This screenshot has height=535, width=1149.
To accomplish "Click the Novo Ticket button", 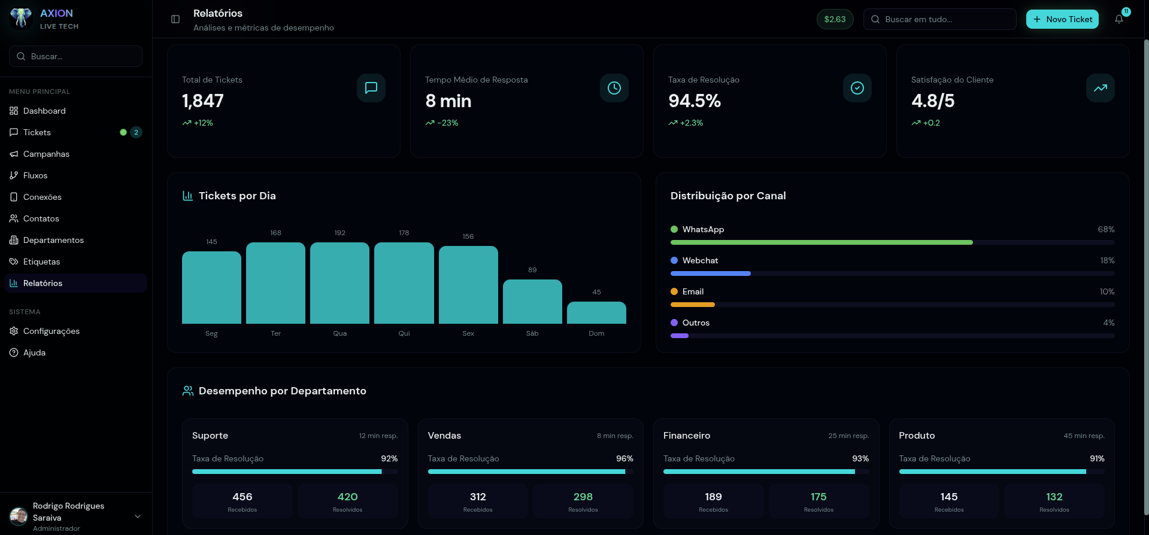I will pos(1062,19).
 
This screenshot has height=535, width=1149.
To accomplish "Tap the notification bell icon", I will pos(1118,19).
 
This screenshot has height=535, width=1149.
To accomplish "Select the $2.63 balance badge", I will pos(835,19).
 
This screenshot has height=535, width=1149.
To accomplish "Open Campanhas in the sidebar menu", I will pos(46,154).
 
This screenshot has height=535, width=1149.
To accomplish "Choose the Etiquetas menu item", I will pos(41,262).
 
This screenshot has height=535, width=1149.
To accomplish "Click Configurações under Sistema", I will pos(51,331).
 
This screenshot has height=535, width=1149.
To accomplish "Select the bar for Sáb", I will pos(532,302).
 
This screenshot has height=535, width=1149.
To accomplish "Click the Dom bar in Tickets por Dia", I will pos(596,313).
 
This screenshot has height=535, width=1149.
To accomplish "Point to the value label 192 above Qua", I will pos(339,233).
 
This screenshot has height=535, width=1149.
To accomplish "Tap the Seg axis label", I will pos(211,333).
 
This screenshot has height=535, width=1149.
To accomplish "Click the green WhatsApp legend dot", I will pos(674,229).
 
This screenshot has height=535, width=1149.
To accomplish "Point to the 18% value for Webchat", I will pos(1107,260).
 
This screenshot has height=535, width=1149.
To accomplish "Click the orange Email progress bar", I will pos(693,305).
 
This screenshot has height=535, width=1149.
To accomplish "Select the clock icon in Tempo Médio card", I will pos(614,88).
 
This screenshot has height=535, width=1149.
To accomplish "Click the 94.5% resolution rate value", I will pos(695,101).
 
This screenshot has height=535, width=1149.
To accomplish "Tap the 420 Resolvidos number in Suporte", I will pos(347,497).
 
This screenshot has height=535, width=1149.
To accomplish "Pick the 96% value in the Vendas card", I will pos(624,458).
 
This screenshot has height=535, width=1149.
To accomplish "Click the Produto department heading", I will pos(917,436).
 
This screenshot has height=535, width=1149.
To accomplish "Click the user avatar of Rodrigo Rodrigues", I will pos(19,516).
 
